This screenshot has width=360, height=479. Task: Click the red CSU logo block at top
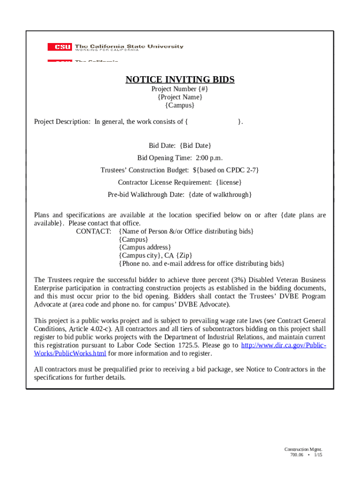[59, 47]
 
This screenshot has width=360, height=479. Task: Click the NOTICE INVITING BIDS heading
[180, 80]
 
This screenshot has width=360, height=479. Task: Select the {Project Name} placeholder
[180, 97]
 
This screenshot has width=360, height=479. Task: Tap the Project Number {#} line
[180, 89]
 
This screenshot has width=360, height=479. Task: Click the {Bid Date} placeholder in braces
[195, 145]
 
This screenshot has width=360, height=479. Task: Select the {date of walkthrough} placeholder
[220, 194]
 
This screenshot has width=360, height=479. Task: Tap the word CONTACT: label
[94, 231]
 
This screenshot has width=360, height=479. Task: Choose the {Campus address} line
[145, 247]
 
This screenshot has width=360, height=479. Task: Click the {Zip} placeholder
[183, 255]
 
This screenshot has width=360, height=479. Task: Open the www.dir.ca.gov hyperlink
[283, 345]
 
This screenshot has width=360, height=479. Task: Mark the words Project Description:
[62, 122]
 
